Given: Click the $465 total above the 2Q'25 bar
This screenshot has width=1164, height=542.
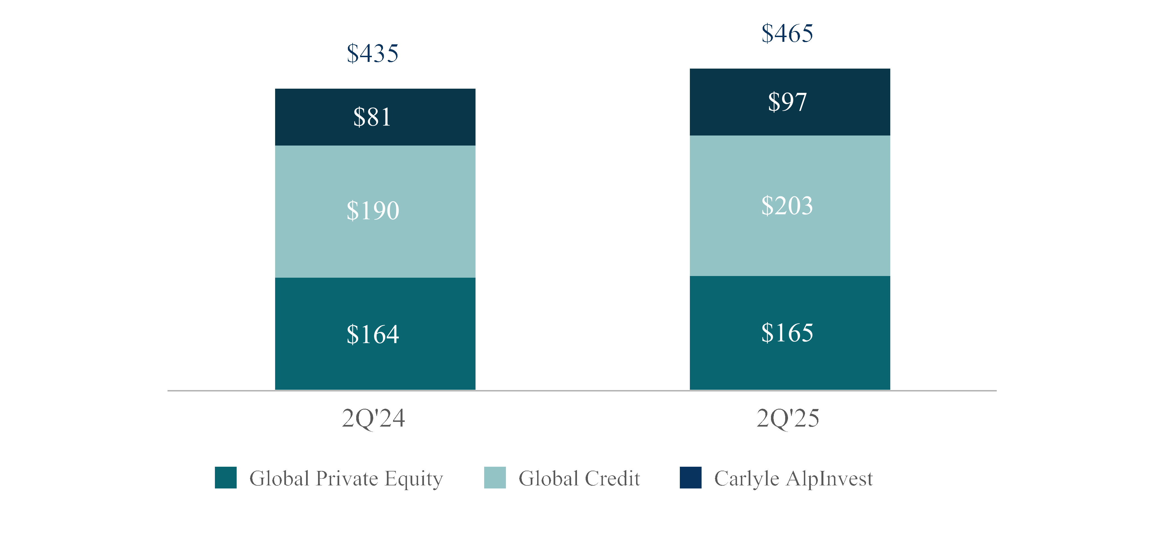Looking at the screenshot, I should (787, 33).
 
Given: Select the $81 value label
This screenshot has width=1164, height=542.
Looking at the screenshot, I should (372, 117).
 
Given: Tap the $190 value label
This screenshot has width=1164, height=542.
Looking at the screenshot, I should (373, 211).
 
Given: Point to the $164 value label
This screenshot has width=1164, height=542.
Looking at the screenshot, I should (373, 335).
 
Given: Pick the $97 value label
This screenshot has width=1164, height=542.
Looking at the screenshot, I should (787, 102).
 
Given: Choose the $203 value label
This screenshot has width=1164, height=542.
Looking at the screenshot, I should (787, 206).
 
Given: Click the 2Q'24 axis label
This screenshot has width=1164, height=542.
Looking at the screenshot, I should (373, 418).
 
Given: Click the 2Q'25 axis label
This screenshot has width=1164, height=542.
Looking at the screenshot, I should (788, 418).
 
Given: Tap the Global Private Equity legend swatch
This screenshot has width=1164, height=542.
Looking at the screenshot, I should (225, 478).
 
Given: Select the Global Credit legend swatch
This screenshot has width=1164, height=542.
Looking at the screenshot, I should (495, 478).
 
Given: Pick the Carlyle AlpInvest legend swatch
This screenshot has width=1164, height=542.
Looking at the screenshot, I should (690, 478).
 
